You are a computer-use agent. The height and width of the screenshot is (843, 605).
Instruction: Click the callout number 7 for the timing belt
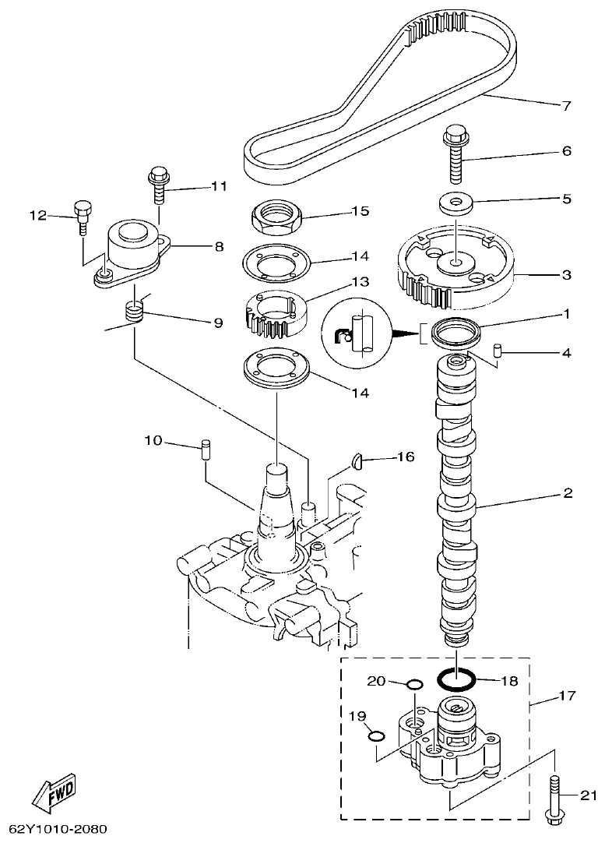(x=567, y=105)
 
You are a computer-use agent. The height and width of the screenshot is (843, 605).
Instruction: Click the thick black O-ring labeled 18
(x=456, y=680)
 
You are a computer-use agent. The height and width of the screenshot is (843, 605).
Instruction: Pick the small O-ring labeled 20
(x=414, y=685)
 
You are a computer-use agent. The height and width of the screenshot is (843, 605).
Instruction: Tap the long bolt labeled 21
(x=554, y=795)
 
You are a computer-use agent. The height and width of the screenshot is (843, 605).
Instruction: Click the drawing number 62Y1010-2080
(x=58, y=829)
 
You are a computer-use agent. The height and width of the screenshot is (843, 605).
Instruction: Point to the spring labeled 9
(x=136, y=315)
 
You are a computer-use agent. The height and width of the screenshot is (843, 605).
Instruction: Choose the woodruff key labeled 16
(x=358, y=461)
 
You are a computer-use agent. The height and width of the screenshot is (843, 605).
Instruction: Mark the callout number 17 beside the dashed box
(x=567, y=696)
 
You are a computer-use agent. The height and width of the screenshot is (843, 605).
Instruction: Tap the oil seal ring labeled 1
(x=456, y=333)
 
